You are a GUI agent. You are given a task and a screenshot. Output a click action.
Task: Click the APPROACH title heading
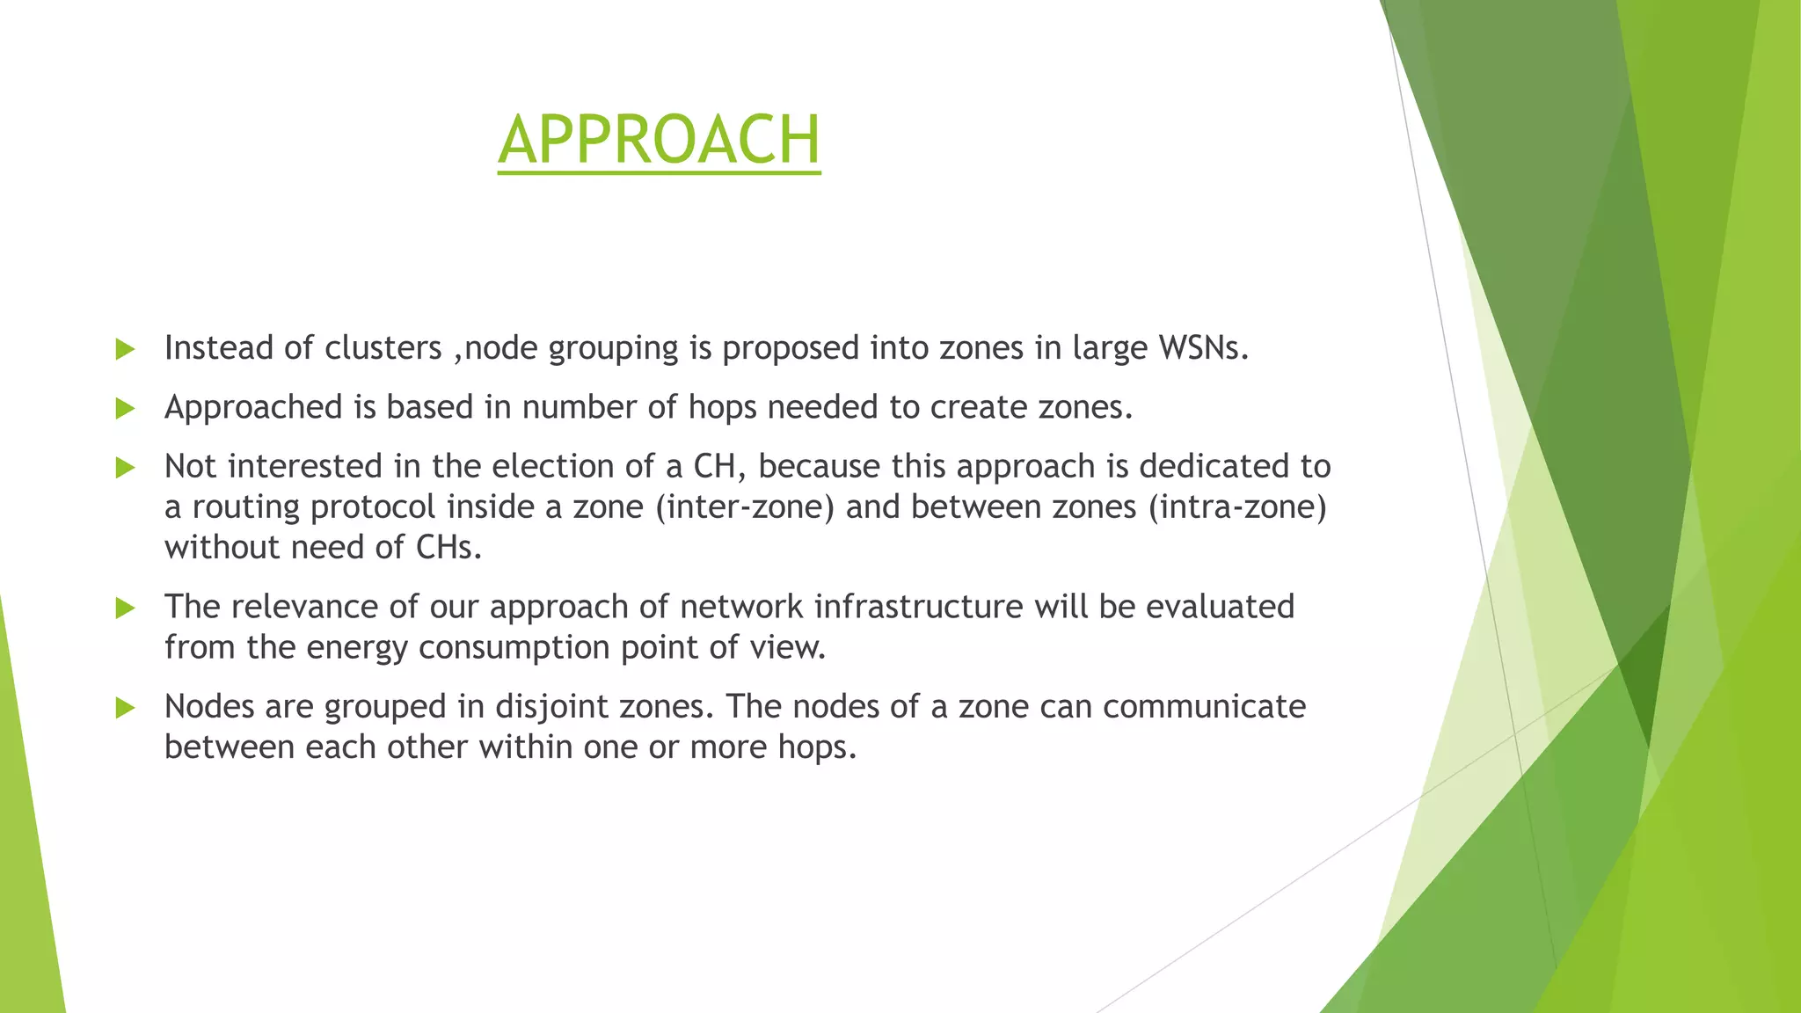(x=659, y=141)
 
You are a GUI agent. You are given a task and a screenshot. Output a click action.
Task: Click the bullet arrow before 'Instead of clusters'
(x=125, y=349)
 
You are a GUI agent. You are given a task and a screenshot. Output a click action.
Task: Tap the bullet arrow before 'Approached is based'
(x=125, y=408)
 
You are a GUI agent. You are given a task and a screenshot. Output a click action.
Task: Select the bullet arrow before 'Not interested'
(x=125, y=467)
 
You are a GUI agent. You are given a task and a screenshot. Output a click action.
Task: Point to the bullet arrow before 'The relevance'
(x=125, y=608)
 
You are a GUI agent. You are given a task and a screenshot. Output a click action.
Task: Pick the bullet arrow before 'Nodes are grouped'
(x=125, y=707)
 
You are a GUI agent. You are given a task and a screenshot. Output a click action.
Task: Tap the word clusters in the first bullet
(x=383, y=348)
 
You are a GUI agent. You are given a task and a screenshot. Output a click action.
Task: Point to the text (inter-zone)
(x=744, y=507)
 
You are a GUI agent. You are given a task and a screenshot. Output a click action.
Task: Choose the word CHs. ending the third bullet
(x=448, y=548)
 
